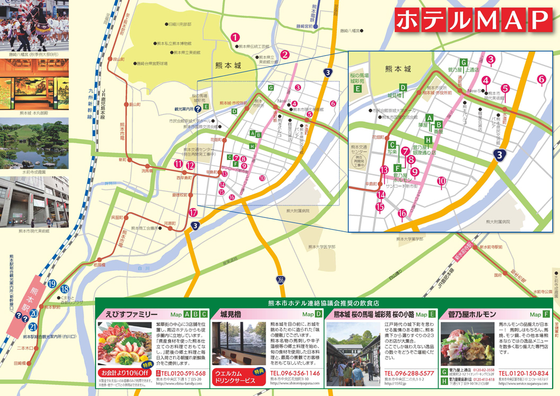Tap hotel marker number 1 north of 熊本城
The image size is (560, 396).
pyautogui.click(x=235, y=37)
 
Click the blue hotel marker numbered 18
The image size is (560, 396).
pyautogui.click(x=65, y=289)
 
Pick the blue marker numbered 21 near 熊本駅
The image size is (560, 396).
pyautogui.click(x=33, y=327)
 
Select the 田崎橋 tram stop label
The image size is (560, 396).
pyautogui.click(x=20, y=363)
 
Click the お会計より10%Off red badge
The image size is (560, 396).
pyautogui.click(x=120, y=372)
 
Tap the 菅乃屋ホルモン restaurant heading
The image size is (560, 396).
pyautogui.click(x=471, y=314)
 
